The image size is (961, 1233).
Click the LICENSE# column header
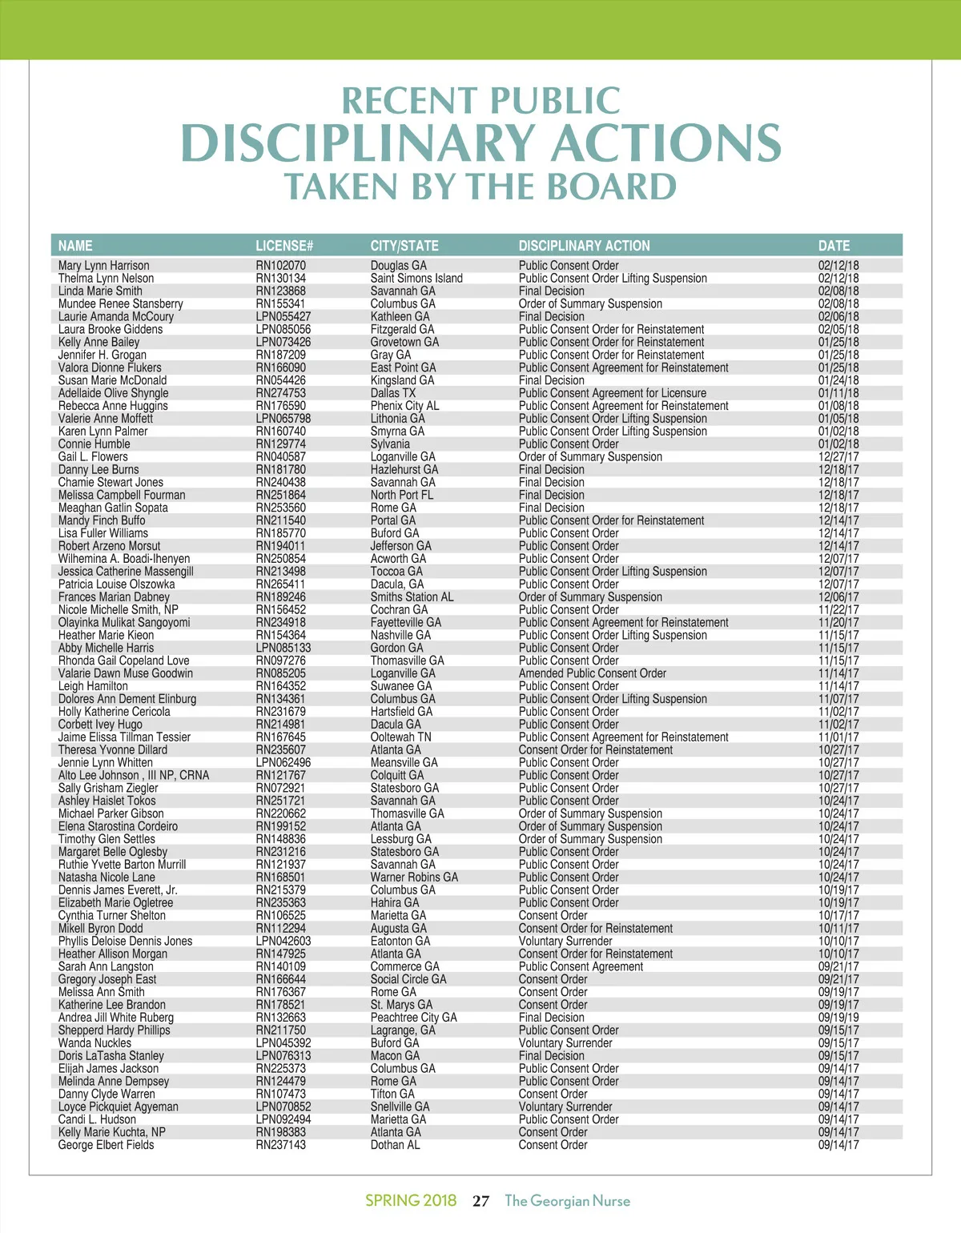(x=284, y=246)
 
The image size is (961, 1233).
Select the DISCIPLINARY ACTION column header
(x=584, y=246)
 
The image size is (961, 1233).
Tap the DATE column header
(x=834, y=246)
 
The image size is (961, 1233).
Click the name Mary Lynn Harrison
(x=103, y=266)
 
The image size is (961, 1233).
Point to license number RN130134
(x=280, y=279)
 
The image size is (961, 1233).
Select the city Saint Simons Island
(x=416, y=279)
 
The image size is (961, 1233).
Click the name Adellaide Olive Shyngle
(x=113, y=393)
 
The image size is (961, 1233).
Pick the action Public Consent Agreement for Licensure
(x=612, y=393)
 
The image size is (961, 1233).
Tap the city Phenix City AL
(x=404, y=406)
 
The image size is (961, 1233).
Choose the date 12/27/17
(x=838, y=457)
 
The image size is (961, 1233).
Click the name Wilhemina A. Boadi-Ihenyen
(x=124, y=559)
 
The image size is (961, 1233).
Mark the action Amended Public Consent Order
(x=592, y=673)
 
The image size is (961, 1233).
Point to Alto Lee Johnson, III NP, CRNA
(x=133, y=776)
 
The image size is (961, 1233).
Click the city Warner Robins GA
(x=414, y=878)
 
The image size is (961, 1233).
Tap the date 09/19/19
(x=838, y=1018)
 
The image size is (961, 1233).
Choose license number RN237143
(x=280, y=1145)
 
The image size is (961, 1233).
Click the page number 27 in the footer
(x=480, y=1201)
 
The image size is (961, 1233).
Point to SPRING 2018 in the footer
(x=411, y=1200)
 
